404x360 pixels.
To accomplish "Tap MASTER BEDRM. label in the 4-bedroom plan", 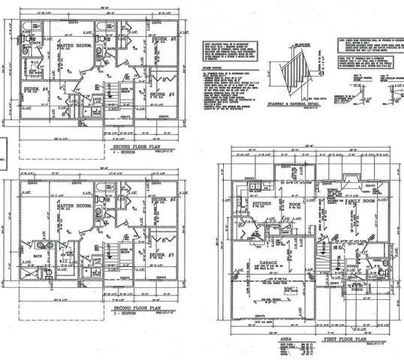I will coord(74,46).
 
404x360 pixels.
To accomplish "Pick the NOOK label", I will coord(294,204).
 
